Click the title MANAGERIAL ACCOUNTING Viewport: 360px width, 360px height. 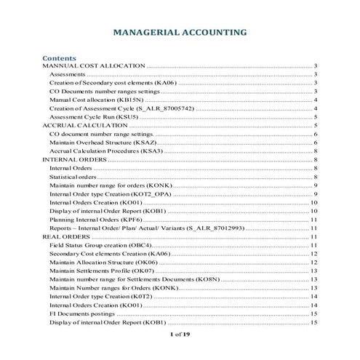pyautogui.click(x=179, y=33)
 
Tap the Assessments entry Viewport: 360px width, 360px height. pyautogui.click(x=68, y=75)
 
